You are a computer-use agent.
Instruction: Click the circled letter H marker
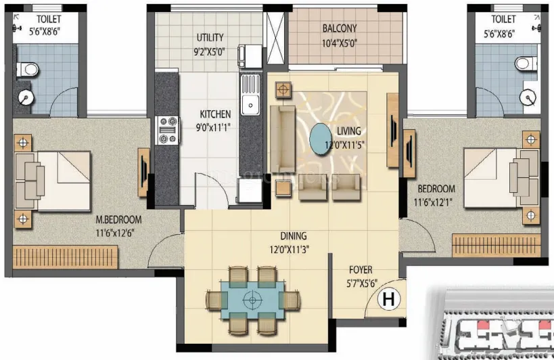tap(388, 297)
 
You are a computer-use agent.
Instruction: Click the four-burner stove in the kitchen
tap(166, 130)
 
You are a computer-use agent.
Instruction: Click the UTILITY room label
tap(210, 37)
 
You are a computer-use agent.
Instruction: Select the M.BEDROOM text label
tap(118, 220)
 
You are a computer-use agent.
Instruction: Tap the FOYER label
tap(361, 270)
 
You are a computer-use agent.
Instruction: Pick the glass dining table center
tap(252, 298)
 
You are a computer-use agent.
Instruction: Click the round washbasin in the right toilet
tap(528, 98)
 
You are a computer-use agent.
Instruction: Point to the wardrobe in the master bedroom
tap(66, 257)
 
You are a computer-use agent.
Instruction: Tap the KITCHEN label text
tap(215, 114)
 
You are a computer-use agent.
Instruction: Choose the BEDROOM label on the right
tap(436, 189)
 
